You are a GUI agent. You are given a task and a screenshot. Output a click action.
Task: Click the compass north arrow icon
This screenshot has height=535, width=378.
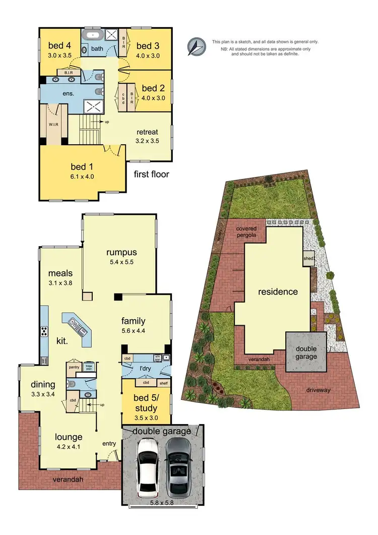(196, 46)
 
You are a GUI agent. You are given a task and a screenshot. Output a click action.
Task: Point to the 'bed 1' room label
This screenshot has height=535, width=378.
(83, 166)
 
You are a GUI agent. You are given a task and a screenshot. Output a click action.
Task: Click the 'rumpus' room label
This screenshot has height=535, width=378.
(122, 252)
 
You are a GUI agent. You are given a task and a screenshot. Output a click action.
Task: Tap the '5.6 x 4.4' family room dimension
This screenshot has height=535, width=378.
(134, 331)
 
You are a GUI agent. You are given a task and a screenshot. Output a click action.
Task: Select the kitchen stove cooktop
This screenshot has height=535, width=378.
(44, 331)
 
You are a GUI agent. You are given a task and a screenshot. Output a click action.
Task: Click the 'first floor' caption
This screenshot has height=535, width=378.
(151, 174)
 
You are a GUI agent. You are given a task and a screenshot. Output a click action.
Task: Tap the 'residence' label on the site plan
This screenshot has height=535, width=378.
(278, 291)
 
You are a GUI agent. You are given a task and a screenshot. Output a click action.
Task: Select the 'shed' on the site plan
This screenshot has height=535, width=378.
(308, 259)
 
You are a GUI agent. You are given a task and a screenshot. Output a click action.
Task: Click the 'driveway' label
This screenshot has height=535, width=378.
(318, 390)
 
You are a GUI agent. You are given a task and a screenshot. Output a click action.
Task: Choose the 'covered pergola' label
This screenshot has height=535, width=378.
(246, 232)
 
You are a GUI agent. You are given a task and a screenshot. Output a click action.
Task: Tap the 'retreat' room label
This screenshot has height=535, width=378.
(148, 132)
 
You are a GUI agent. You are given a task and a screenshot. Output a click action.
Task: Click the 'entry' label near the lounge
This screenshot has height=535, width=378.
(109, 444)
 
